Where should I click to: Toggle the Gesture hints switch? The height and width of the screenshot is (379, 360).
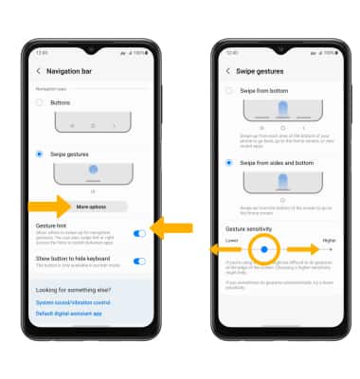140,232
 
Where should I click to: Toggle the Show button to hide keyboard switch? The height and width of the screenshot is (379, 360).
140,261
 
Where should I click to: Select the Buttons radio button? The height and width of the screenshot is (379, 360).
40,101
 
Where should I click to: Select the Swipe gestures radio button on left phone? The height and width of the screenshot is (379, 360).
40,153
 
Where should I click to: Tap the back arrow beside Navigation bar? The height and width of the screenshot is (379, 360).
39,71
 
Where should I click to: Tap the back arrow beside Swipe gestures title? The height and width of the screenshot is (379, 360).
228,71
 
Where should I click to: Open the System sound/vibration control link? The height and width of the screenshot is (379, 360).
74,302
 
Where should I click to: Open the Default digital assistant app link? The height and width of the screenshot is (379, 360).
70,313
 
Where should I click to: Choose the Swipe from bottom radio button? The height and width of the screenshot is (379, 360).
229,90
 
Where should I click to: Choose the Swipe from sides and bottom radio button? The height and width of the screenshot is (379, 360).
229,162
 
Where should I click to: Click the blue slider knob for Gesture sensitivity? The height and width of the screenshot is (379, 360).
264,249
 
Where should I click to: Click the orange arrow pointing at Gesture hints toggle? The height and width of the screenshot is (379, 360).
172,227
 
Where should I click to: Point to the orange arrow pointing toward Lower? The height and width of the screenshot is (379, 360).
224,249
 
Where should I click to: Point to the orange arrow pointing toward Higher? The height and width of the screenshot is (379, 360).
304,249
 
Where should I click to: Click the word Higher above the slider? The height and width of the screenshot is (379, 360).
328,240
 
